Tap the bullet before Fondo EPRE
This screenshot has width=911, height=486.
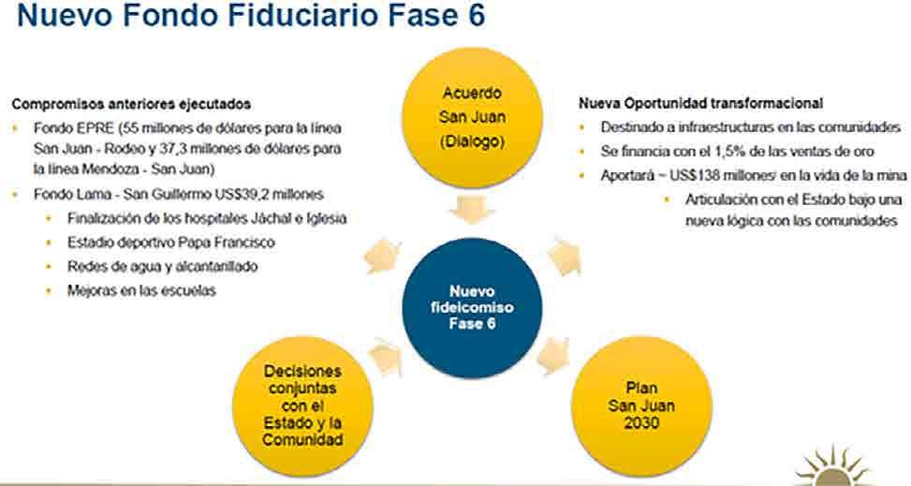[x=16, y=126]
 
